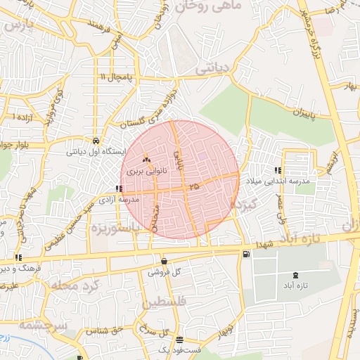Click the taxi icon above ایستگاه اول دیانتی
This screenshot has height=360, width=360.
tap(96, 140)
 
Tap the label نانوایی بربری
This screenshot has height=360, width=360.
tap(144, 170)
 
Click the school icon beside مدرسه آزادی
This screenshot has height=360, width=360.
tap(119, 188)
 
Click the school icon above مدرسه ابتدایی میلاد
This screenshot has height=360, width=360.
tap(278, 170)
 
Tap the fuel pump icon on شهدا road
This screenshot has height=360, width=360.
tap(245, 254)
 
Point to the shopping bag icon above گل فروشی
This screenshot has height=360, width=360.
tap(164, 260)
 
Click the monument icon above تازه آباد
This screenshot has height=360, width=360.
tap(295, 275)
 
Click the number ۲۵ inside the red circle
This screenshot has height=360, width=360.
tap(193, 185)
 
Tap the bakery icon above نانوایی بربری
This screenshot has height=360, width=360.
tap(146, 160)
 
